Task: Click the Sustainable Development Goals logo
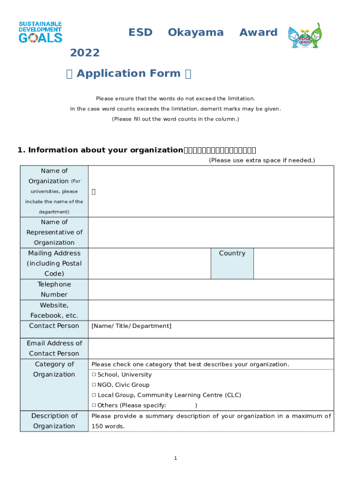(x=40, y=32)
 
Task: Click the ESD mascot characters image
(x=304, y=36)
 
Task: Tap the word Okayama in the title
(x=195, y=32)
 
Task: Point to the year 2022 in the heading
(x=85, y=53)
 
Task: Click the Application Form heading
(x=129, y=73)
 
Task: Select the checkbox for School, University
(x=94, y=375)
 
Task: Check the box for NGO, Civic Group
(x=94, y=385)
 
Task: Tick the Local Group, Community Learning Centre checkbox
(x=94, y=395)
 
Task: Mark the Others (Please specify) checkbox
(x=94, y=406)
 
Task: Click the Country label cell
(x=232, y=263)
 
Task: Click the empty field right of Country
(x=293, y=263)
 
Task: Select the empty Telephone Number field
(x=210, y=290)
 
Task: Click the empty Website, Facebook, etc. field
(x=210, y=310)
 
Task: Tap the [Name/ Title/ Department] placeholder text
(x=131, y=326)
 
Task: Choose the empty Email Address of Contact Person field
(x=210, y=348)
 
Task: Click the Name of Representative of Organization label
(x=54, y=232)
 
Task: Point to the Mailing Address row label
(x=54, y=263)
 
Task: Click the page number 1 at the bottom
(x=175, y=458)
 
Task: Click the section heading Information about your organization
(x=100, y=150)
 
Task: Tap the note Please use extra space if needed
(x=262, y=160)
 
